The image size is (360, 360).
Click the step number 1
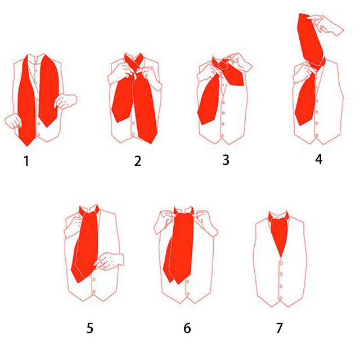click(x=26, y=161)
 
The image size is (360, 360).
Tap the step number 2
click(x=137, y=161)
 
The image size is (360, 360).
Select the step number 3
click(x=226, y=160)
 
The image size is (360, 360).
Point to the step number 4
click(x=319, y=159)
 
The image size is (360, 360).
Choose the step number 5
click(x=90, y=328)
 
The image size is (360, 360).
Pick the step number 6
click(x=187, y=328)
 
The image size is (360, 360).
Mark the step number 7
click(x=280, y=328)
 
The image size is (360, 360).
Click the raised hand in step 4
click(x=326, y=24)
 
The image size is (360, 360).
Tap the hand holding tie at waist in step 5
click(x=109, y=261)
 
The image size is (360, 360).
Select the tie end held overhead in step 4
click(x=310, y=39)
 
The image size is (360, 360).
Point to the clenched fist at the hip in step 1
click(x=13, y=121)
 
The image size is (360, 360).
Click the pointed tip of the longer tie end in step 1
click(x=27, y=146)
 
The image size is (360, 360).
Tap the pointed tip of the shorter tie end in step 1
click(x=47, y=127)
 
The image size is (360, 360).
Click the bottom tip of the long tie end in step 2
click(x=151, y=143)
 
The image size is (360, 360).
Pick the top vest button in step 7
click(x=281, y=263)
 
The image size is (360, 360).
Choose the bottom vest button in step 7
click(x=281, y=298)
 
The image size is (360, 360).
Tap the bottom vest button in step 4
click(x=317, y=135)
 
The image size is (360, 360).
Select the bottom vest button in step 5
click(x=94, y=291)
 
